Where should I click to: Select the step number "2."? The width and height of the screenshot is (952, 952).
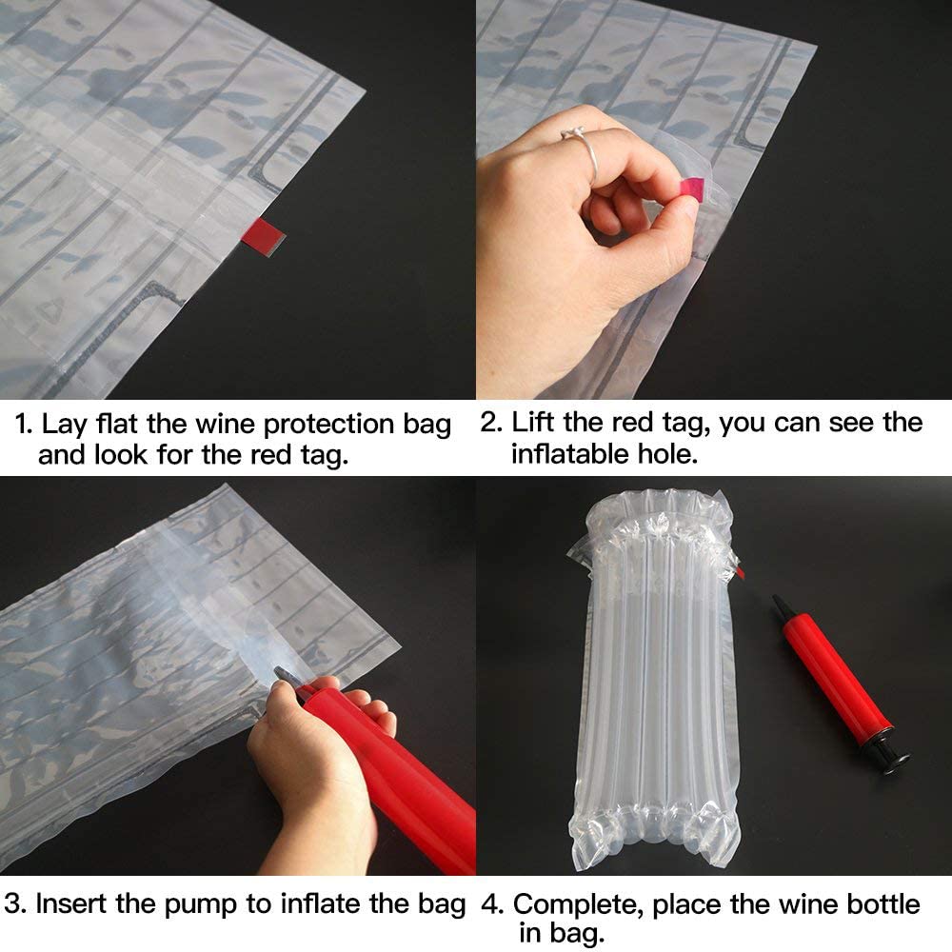pos(491,423)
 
